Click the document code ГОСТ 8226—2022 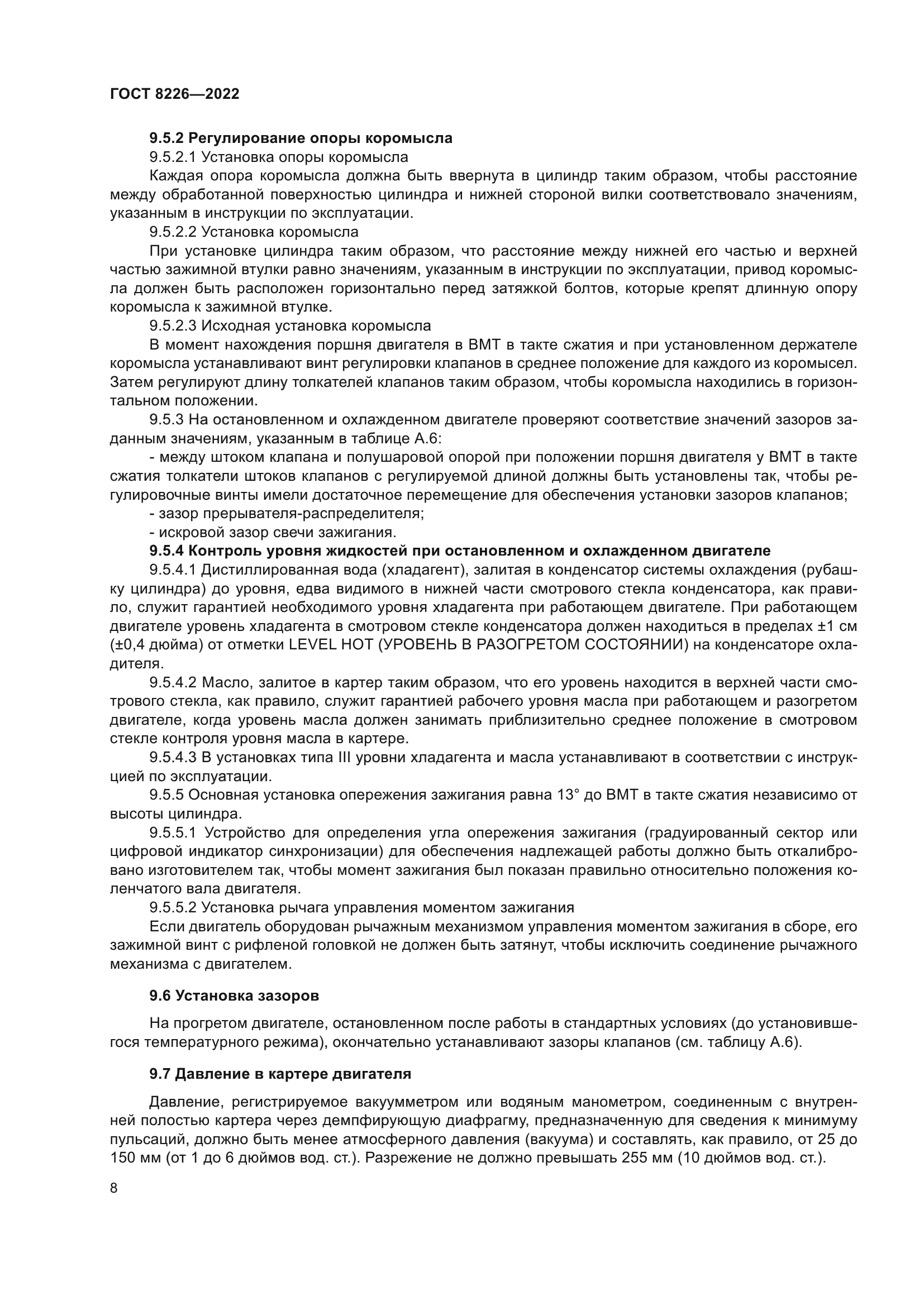174,94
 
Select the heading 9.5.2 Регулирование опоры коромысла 301,138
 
